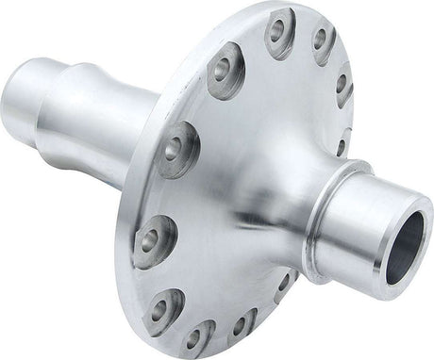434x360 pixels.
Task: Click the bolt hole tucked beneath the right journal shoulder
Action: point(280,281)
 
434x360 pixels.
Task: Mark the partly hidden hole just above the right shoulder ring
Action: point(340,146)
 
